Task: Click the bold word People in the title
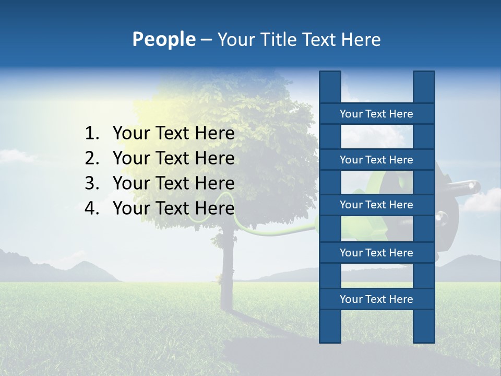click(163, 39)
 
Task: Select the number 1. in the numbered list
click(92, 134)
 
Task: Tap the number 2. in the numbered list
click(92, 158)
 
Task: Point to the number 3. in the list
click(92, 183)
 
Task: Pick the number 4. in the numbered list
click(92, 208)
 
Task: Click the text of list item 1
click(173, 134)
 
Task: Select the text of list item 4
click(173, 208)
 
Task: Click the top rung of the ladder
click(376, 114)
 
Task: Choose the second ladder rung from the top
click(376, 160)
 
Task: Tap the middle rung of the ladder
click(376, 205)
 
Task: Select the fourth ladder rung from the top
click(376, 253)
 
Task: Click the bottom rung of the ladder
click(376, 299)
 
